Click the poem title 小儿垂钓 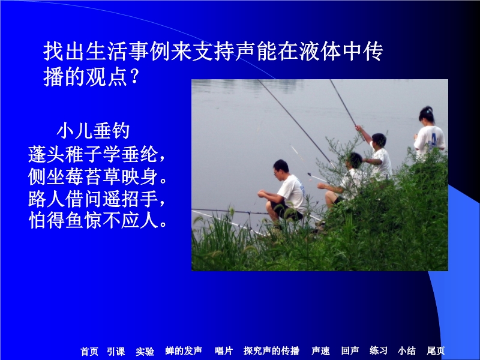(93, 131)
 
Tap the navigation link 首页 (89, 351)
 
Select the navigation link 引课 (116, 351)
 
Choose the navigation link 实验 (145, 351)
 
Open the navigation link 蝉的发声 (184, 350)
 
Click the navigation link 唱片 (224, 350)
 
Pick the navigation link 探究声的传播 (271, 350)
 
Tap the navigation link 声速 (320, 350)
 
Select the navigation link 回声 (350, 350)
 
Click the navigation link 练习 (379, 350)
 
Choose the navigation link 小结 (407, 350)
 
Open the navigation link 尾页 (436, 350)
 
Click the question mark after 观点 (134, 77)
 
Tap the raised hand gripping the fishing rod (358, 128)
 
